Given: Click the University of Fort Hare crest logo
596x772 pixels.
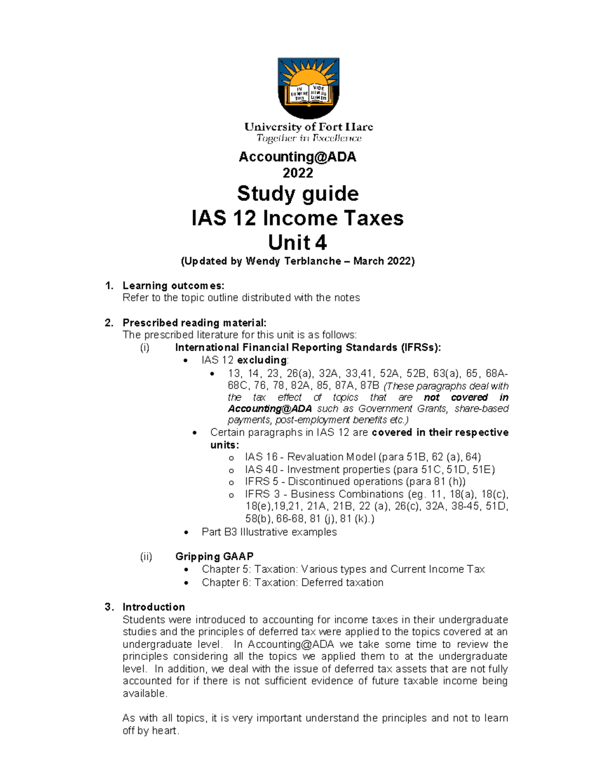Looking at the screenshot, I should (308, 87).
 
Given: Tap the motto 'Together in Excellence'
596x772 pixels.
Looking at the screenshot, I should (308, 138).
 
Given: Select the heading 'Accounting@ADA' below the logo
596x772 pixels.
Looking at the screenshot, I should (298, 157).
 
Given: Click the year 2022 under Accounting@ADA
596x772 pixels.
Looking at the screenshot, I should (298, 173).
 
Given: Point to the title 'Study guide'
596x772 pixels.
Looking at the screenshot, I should (298, 193).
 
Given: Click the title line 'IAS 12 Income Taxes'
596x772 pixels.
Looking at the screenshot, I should (298, 218).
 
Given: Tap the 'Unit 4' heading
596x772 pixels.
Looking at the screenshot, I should (298, 243).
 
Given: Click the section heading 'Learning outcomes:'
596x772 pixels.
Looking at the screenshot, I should (173, 285).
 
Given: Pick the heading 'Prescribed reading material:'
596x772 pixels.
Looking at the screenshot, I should (194, 323).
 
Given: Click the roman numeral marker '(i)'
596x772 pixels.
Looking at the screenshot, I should (145, 347).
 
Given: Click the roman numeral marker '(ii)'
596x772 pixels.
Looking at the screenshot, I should (146, 556).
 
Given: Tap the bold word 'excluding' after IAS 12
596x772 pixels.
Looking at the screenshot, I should (262, 360).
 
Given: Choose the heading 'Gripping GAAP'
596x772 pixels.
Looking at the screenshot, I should (214, 556).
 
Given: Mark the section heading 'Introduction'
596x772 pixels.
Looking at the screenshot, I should (153, 607).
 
